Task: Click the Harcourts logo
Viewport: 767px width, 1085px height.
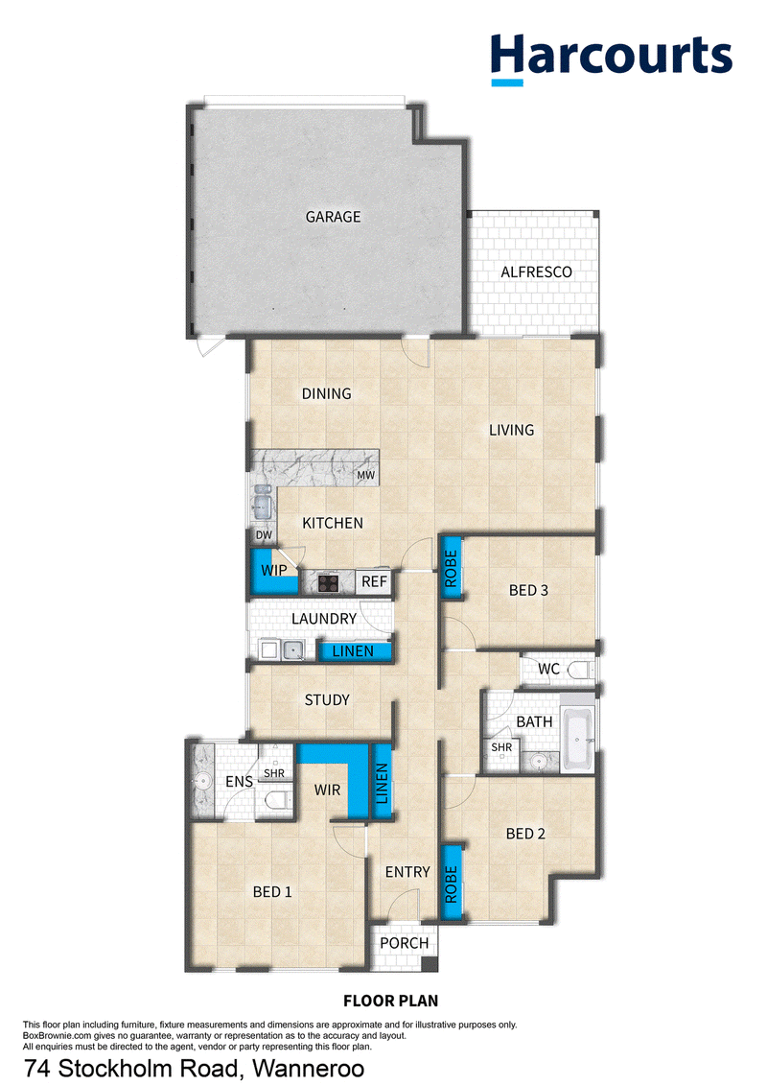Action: click(612, 59)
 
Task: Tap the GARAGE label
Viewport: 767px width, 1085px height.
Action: click(334, 217)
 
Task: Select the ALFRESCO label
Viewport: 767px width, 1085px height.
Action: click(536, 271)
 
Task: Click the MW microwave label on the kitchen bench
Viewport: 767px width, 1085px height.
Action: click(366, 476)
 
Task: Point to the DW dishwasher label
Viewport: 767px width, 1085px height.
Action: click(265, 535)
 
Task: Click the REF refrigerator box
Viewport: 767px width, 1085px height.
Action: click(374, 582)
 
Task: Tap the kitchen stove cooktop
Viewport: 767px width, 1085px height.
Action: click(327, 583)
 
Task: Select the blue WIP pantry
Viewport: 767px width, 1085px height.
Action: click(273, 572)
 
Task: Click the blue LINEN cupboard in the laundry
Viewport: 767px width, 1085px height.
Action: click(354, 651)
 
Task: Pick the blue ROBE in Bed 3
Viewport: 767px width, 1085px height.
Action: click(451, 568)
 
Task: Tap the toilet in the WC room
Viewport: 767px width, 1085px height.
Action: click(580, 669)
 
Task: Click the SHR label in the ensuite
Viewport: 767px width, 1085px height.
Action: click(274, 773)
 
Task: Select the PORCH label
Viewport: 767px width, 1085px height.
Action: click(405, 943)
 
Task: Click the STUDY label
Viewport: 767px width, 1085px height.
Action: click(327, 700)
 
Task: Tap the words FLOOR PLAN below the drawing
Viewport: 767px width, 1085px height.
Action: click(391, 1001)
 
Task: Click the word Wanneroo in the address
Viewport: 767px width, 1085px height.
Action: click(308, 1069)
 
